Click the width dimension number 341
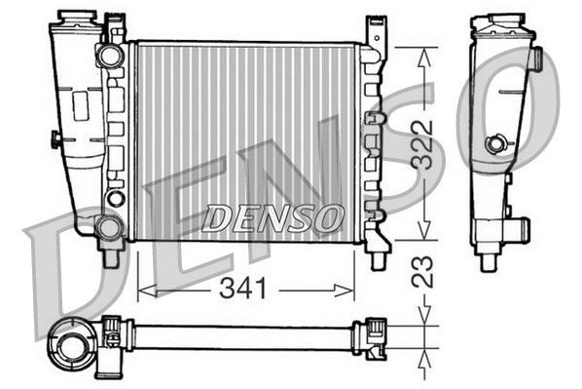246,288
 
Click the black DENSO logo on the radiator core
273,218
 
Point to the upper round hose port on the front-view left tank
110,57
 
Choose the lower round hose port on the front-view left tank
109,227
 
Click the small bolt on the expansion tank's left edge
55,139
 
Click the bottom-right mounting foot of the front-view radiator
377,256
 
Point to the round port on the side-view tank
496,144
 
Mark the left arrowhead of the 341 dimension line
143,288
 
